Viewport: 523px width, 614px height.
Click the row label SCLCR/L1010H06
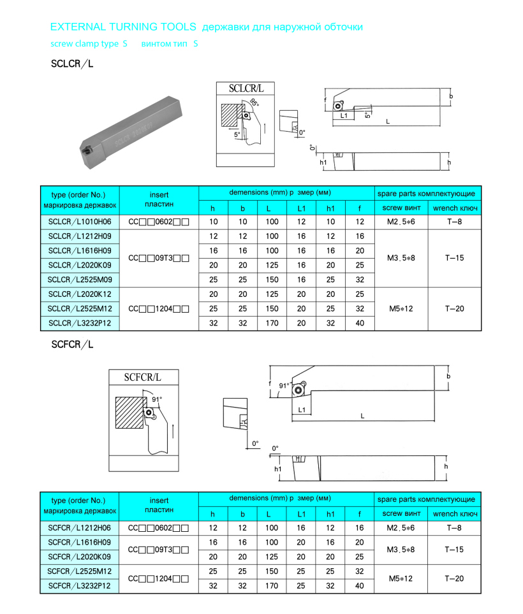pyautogui.click(x=80, y=222)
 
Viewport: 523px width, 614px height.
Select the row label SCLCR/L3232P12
pyautogui.click(x=80, y=323)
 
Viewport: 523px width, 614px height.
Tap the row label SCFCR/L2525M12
pyautogui.click(x=80, y=571)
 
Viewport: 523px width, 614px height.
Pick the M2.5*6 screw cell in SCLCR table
pyautogui.click(x=401, y=222)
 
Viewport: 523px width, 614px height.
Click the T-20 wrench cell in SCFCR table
pyautogui.click(x=454, y=578)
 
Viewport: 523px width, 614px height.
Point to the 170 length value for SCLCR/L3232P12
pyautogui.click(x=272, y=323)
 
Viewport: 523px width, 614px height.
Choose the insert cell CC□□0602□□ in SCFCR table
pyautogui.click(x=159, y=528)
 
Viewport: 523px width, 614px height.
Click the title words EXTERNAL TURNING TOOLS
pyautogui.click(x=124, y=27)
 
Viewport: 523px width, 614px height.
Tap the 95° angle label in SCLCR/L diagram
pyautogui.click(x=254, y=103)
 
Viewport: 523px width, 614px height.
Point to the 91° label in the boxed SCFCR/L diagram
pyautogui.click(x=157, y=399)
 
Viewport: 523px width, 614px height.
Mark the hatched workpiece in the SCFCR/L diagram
pyautogui.click(x=131, y=412)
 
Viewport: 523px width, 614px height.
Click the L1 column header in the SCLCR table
pyautogui.click(x=301, y=208)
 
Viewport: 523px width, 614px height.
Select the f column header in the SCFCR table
pyautogui.click(x=360, y=514)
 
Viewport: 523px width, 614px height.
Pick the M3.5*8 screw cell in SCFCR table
pyautogui.click(x=401, y=550)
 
